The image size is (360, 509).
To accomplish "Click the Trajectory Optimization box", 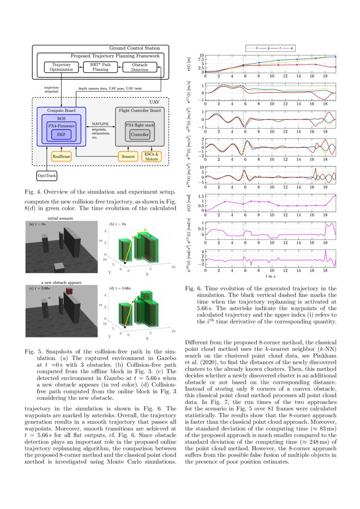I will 61,67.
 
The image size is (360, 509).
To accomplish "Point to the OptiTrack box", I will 47,176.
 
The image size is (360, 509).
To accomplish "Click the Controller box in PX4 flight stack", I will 140,135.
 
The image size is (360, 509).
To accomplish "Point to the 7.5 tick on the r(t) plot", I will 201,60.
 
